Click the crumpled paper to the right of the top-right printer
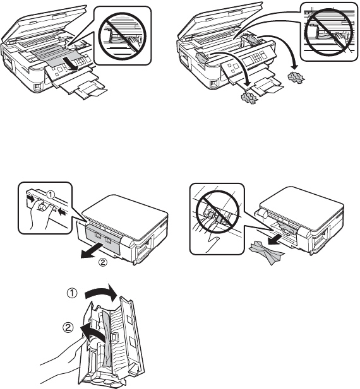(x=296, y=76)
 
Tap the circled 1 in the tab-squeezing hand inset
(x=51, y=195)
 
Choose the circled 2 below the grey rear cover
(x=103, y=262)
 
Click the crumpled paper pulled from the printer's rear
(x=267, y=253)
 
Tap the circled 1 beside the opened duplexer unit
(x=72, y=294)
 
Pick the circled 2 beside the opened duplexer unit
(x=68, y=328)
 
